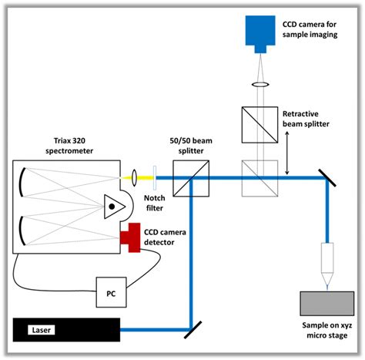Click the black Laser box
(x=66, y=330)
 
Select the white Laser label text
(x=42, y=330)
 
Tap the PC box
(x=111, y=292)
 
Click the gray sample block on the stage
(x=327, y=304)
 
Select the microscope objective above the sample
(x=327, y=264)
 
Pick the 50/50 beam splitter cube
(x=191, y=178)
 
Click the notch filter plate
(x=155, y=177)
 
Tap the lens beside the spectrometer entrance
(x=134, y=177)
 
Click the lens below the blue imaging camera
(x=260, y=84)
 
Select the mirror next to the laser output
(x=193, y=330)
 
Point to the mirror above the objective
(x=326, y=178)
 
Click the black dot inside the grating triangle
(x=112, y=207)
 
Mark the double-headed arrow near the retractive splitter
(x=287, y=153)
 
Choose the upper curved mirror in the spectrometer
(x=22, y=182)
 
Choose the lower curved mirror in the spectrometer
(x=22, y=230)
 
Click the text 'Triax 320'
(x=69, y=141)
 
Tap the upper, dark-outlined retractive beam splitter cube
(x=260, y=125)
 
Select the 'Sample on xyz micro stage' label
(x=327, y=330)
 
